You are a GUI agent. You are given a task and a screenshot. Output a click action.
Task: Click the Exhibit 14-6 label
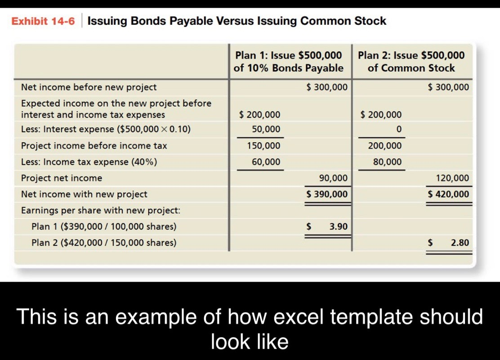point(43,21)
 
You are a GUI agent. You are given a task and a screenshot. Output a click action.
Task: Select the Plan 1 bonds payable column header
point(288,62)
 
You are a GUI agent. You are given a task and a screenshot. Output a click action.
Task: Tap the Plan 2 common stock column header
point(411,62)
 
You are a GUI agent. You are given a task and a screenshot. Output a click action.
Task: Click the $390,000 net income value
point(327,194)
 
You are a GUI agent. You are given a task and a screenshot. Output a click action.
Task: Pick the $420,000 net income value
point(448,194)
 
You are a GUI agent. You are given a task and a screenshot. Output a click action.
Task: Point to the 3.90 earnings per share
point(338,226)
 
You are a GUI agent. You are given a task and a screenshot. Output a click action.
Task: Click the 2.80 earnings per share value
point(460,243)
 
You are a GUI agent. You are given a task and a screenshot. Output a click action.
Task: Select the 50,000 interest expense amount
point(266,129)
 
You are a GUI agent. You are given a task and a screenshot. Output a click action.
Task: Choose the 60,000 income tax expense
point(266,162)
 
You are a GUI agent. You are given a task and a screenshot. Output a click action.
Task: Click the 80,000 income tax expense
point(388,162)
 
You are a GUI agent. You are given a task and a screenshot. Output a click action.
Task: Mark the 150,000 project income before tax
point(263,146)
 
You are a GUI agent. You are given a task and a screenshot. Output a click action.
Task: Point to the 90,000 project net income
point(333,178)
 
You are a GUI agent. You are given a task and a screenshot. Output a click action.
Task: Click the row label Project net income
point(62,178)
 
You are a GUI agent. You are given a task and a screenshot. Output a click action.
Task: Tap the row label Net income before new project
point(89,87)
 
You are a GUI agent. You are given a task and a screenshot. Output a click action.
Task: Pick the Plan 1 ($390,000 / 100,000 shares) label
point(104,226)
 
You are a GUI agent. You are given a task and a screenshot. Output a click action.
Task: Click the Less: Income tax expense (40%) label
point(89,162)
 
